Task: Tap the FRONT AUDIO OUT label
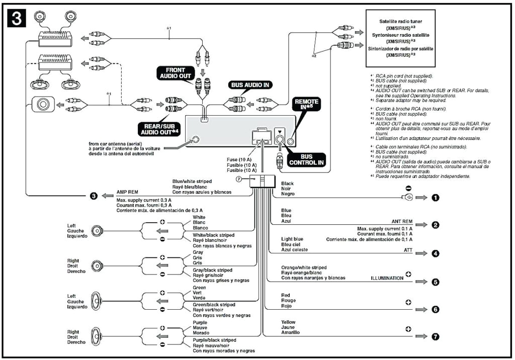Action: tap(172, 72)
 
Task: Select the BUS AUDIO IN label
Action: tap(250, 85)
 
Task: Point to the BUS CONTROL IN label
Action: tap(306, 160)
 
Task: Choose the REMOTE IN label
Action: tap(306, 105)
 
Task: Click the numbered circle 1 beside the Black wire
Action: tap(436, 198)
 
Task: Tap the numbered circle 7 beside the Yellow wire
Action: tap(436, 336)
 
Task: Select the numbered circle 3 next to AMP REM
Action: tap(94, 196)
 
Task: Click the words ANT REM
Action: tap(402, 221)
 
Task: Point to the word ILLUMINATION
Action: tap(387, 278)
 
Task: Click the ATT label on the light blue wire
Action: tap(408, 250)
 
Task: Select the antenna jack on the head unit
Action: tap(195, 141)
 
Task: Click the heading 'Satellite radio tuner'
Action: tap(401, 22)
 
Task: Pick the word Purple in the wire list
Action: tap(200, 322)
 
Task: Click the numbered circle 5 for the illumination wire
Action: tap(436, 282)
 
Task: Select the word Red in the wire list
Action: tap(286, 295)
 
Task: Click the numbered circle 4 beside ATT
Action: tap(436, 253)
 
